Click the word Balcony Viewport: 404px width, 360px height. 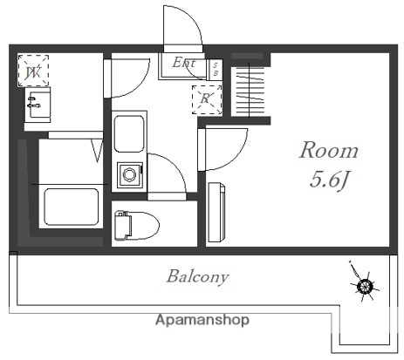(198, 277)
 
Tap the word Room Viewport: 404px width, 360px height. (329, 149)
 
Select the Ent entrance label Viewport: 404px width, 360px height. (183, 62)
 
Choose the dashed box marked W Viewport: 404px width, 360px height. (34, 71)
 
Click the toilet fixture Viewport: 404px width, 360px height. (135, 223)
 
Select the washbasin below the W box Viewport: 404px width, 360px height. (37, 107)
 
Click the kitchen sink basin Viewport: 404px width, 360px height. (130, 135)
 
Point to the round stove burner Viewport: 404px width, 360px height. (129, 174)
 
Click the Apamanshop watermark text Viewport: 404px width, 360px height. (202, 321)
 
